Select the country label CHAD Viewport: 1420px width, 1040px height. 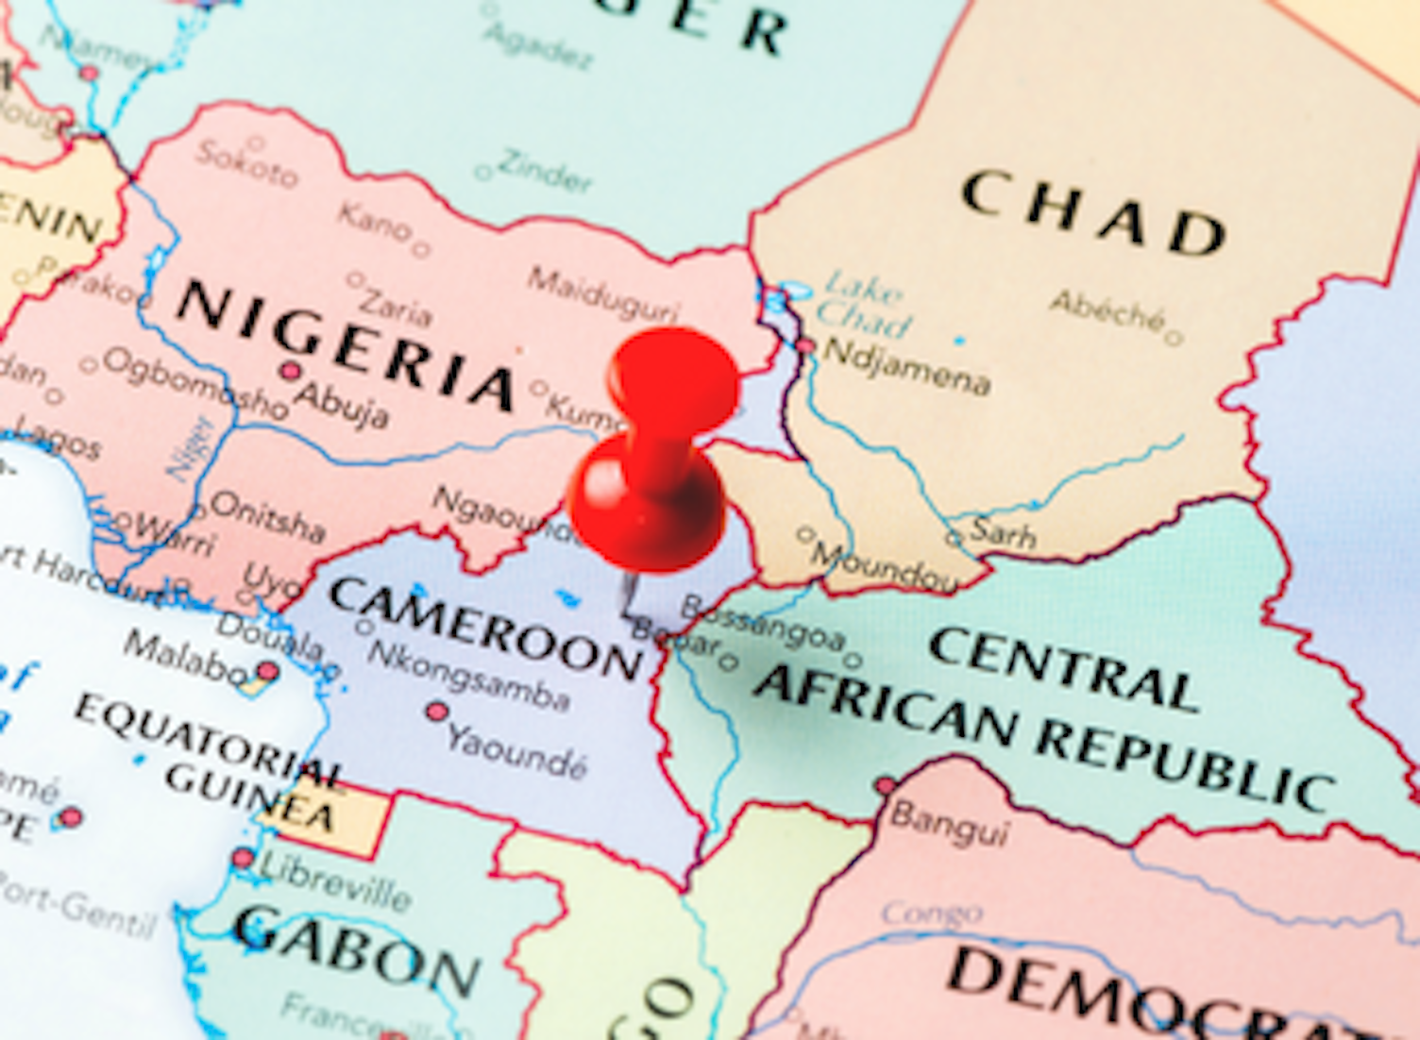(x=1093, y=212)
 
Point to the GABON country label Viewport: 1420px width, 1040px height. (x=357, y=949)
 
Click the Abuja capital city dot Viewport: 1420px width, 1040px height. (x=291, y=371)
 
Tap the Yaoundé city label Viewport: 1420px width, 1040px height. (x=516, y=749)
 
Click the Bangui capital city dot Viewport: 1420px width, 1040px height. (x=885, y=784)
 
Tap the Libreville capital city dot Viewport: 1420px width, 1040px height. (x=243, y=858)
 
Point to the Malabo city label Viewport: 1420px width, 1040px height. (x=184, y=658)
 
